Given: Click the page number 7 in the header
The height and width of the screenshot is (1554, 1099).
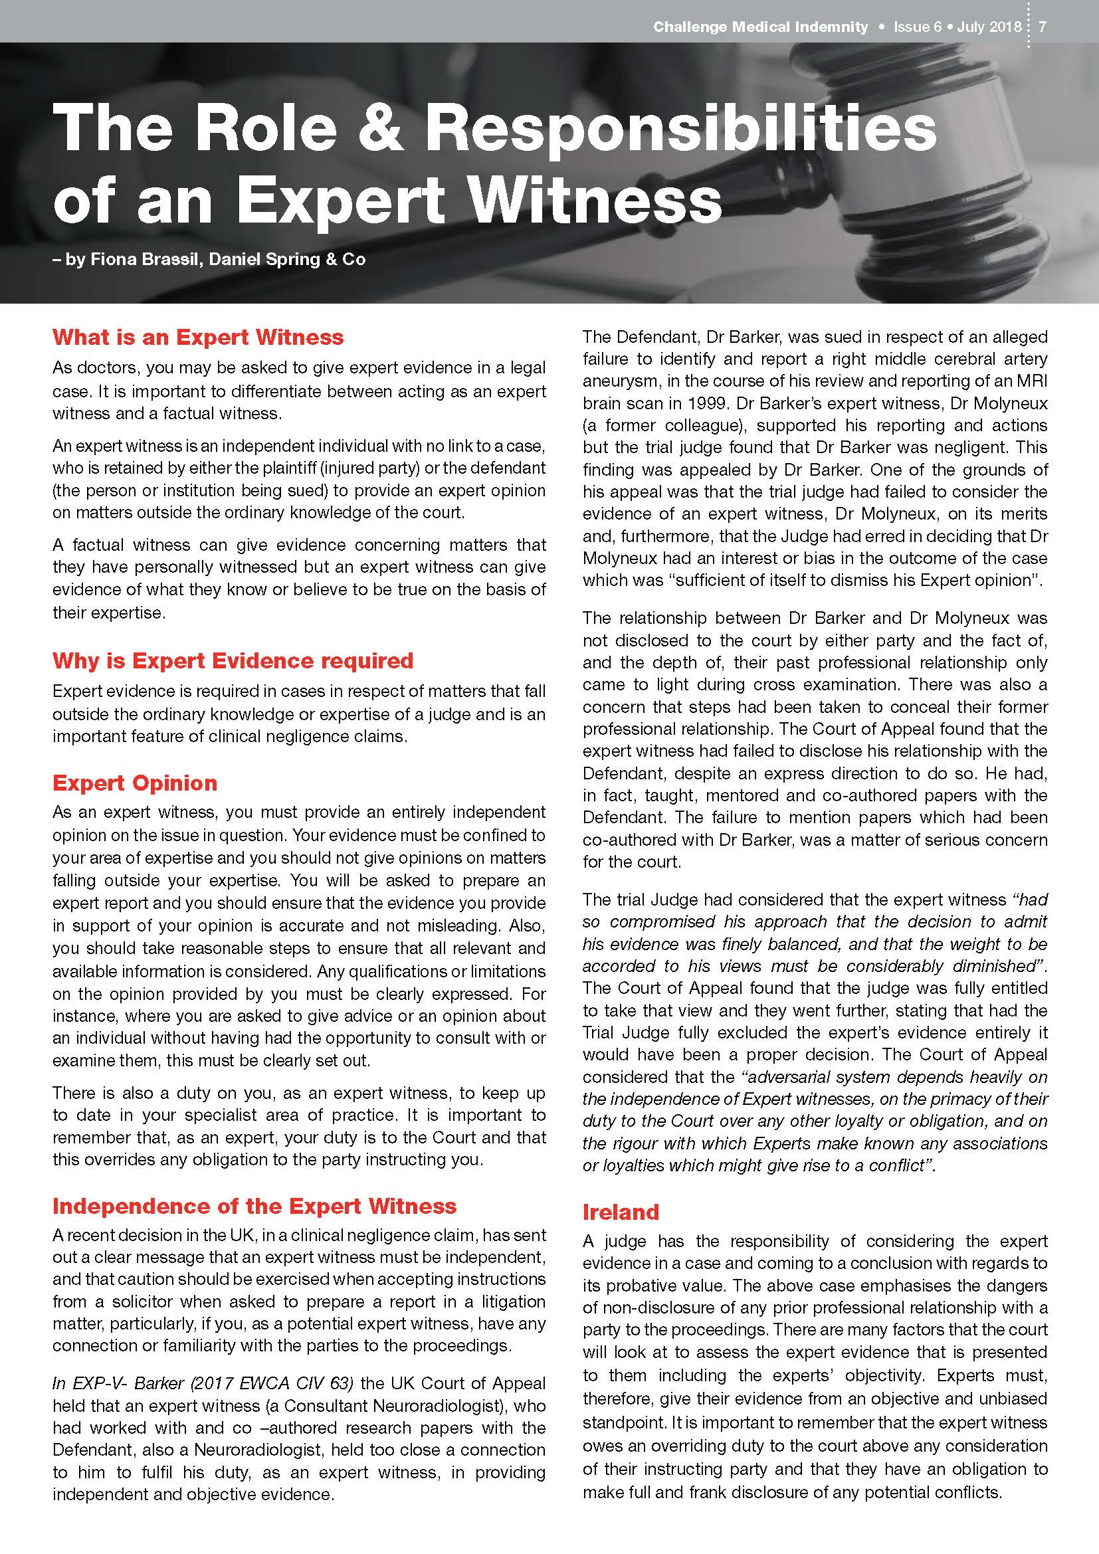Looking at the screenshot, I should tap(1043, 27).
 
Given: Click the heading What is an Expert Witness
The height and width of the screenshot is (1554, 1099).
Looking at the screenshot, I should tap(197, 337).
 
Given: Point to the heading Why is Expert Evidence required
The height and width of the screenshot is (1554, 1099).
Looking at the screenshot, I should tap(233, 660).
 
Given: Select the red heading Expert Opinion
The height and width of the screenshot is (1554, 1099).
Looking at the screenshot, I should tap(135, 783).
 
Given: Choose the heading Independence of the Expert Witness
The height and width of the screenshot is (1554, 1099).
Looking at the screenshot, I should tap(254, 1206).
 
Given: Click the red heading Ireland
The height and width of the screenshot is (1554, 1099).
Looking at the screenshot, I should tap(621, 1212).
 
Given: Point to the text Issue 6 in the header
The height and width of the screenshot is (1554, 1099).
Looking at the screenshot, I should tap(917, 27).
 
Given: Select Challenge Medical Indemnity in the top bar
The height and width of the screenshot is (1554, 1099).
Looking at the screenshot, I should tap(760, 27).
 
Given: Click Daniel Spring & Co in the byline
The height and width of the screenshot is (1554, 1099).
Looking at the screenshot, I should tap(288, 259).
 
